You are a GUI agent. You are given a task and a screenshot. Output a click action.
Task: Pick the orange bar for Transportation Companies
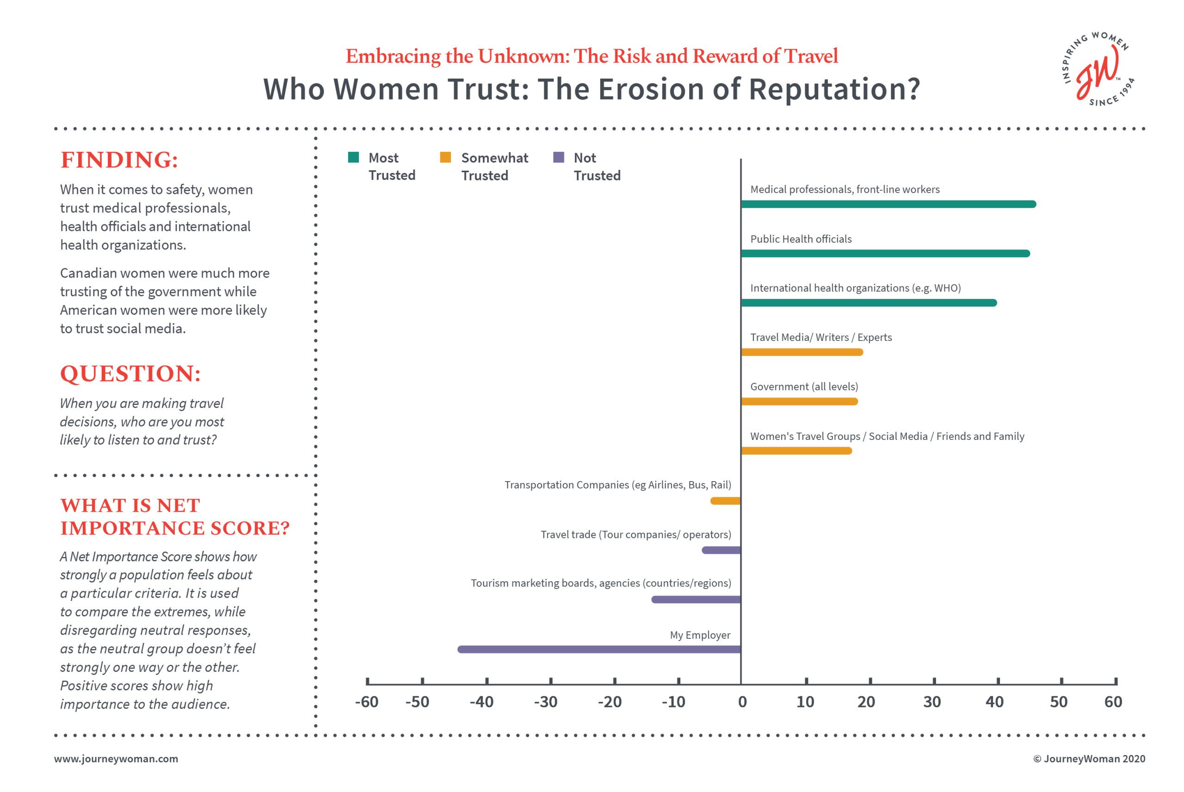(725, 501)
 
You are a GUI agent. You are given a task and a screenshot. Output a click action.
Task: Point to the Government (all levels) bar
(799, 402)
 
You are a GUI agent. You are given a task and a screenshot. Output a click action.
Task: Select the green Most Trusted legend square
(353, 158)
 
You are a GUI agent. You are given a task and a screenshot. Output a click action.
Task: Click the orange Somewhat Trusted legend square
(445, 158)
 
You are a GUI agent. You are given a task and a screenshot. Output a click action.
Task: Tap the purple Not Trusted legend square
(558, 158)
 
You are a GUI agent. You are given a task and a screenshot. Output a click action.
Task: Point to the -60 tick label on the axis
(367, 702)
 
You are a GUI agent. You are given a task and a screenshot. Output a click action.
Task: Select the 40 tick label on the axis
(994, 702)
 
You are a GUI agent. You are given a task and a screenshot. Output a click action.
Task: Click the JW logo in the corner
(1098, 70)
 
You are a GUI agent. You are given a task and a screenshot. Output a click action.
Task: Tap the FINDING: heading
(120, 160)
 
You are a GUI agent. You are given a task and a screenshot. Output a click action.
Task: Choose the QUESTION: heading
(131, 374)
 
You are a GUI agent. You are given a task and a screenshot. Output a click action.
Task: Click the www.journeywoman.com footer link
(116, 759)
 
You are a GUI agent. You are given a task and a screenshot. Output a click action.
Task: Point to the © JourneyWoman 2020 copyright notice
(1089, 759)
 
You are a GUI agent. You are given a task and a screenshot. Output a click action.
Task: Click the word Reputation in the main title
(834, 89)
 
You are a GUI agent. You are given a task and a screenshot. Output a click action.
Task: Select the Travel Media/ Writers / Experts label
(821, 337)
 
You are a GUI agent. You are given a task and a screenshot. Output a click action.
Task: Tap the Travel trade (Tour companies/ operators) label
(635, 534)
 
